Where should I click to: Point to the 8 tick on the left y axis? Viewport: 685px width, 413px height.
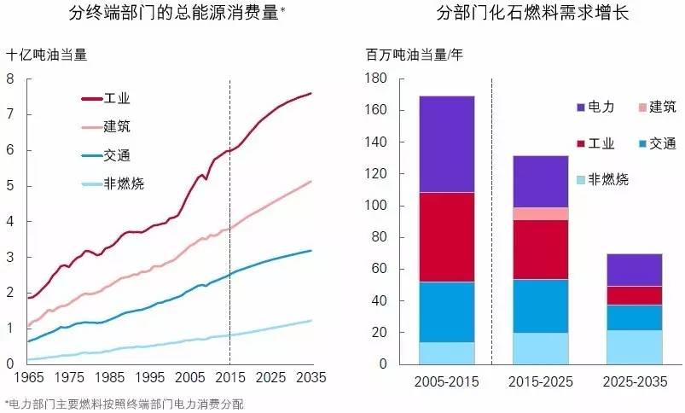(10, 79)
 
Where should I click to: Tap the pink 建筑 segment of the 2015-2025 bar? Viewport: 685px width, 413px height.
(552, 213)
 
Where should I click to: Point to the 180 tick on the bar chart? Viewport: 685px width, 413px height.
(377, 79)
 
